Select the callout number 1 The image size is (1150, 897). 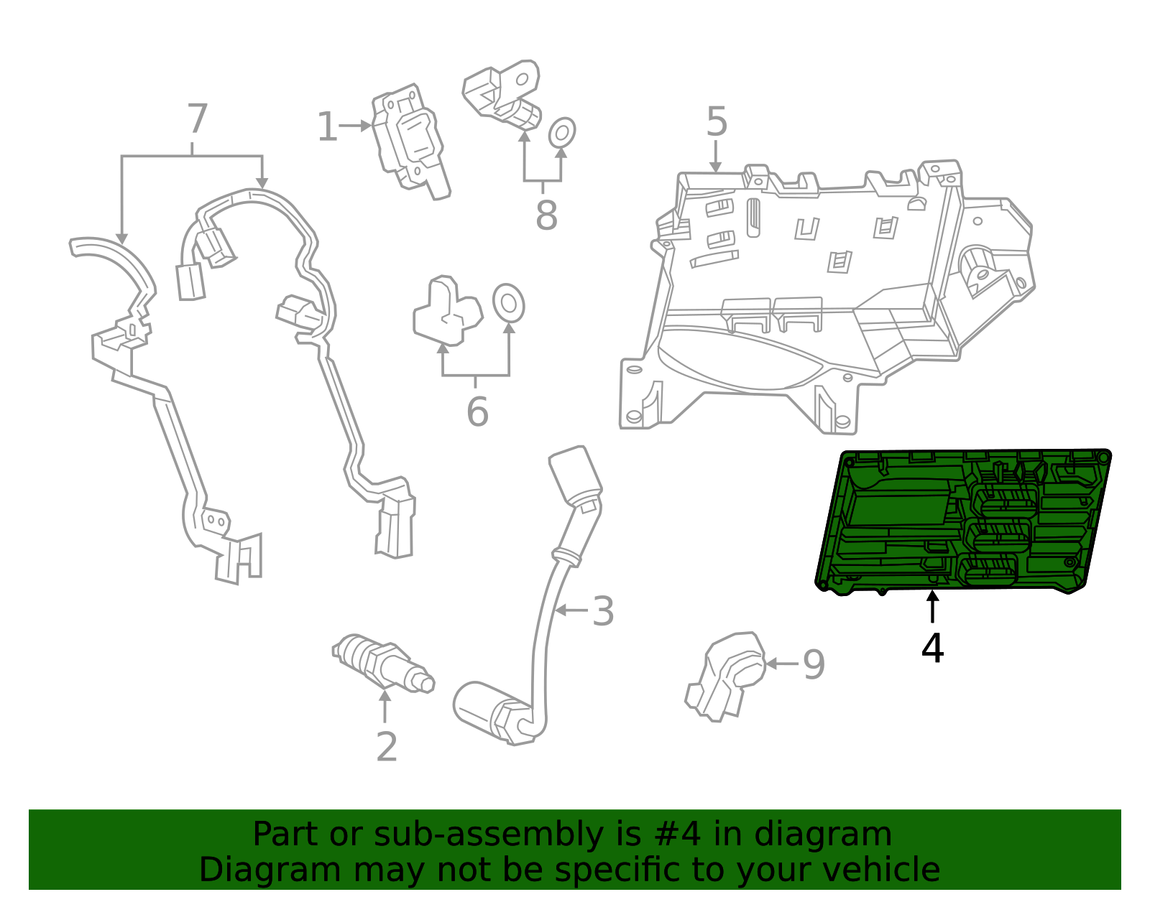(327, 127)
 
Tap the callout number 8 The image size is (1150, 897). (546, 215)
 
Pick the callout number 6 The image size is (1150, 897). (477, 412)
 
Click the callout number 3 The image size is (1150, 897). (603, 611)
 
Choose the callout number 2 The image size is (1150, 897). (387, 748)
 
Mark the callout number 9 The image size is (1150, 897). (814, 664)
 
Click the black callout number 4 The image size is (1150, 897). (932, 649)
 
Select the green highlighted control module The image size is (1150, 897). (963, 521)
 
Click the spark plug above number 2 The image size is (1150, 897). (382, 662)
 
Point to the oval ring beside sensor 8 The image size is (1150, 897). (562, 133)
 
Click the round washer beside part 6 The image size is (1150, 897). (508, 303)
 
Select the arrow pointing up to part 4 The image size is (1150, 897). (932, 607)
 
